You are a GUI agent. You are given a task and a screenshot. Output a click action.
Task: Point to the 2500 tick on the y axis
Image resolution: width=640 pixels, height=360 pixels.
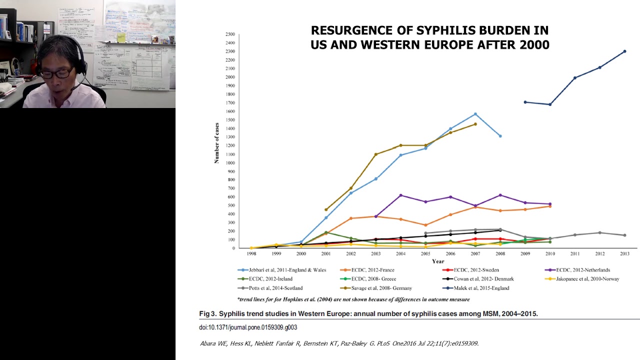pos(230,34)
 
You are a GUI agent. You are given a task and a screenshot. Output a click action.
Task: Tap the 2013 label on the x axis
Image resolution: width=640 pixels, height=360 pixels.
pos(624,254)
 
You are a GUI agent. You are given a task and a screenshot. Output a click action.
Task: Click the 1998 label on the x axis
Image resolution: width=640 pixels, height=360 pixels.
pos(251,254)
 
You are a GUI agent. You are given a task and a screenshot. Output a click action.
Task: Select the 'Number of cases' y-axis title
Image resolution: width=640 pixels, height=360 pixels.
pos(217,142)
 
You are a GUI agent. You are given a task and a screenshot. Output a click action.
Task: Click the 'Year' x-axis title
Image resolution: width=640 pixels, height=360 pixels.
pos(437,261)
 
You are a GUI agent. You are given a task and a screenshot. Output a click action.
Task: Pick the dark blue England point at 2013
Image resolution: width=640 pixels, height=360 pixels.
pos(624,51)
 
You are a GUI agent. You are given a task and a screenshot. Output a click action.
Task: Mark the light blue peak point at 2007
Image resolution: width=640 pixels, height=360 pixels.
pos(475,114)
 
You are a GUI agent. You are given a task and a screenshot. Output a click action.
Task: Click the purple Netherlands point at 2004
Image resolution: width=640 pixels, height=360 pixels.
pos(400,195)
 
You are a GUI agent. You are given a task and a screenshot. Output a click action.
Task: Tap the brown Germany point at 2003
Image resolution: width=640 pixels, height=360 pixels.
pos(375,154)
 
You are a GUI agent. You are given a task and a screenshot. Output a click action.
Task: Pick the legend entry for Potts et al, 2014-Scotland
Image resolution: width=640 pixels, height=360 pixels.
pos(270,288)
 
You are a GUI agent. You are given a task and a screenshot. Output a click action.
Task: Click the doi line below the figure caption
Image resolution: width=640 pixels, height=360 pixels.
pos(248,327)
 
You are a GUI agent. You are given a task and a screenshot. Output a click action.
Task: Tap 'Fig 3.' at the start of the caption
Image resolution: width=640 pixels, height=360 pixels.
pos(208,314)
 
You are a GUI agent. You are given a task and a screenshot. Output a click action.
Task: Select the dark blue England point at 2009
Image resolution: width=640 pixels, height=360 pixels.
pos(525,102)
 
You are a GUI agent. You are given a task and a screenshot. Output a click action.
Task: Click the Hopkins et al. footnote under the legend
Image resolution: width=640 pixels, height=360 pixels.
pos(353,299)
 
